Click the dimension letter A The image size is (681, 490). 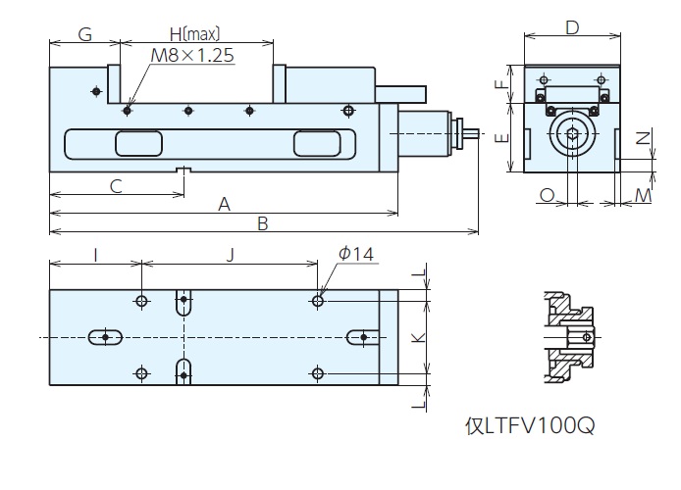224,204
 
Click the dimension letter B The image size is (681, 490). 262,223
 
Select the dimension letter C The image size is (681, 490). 116,184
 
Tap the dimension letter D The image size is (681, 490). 572,26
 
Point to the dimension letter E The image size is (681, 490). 500,136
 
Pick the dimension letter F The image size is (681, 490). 500,84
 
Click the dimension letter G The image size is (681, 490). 84,35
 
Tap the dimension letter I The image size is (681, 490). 94,255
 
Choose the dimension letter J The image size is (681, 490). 230,255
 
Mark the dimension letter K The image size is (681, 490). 416,336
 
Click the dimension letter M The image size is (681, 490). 642,196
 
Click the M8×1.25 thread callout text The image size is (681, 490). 193,56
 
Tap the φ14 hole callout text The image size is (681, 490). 355,254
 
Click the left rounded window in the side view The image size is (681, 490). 138,144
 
